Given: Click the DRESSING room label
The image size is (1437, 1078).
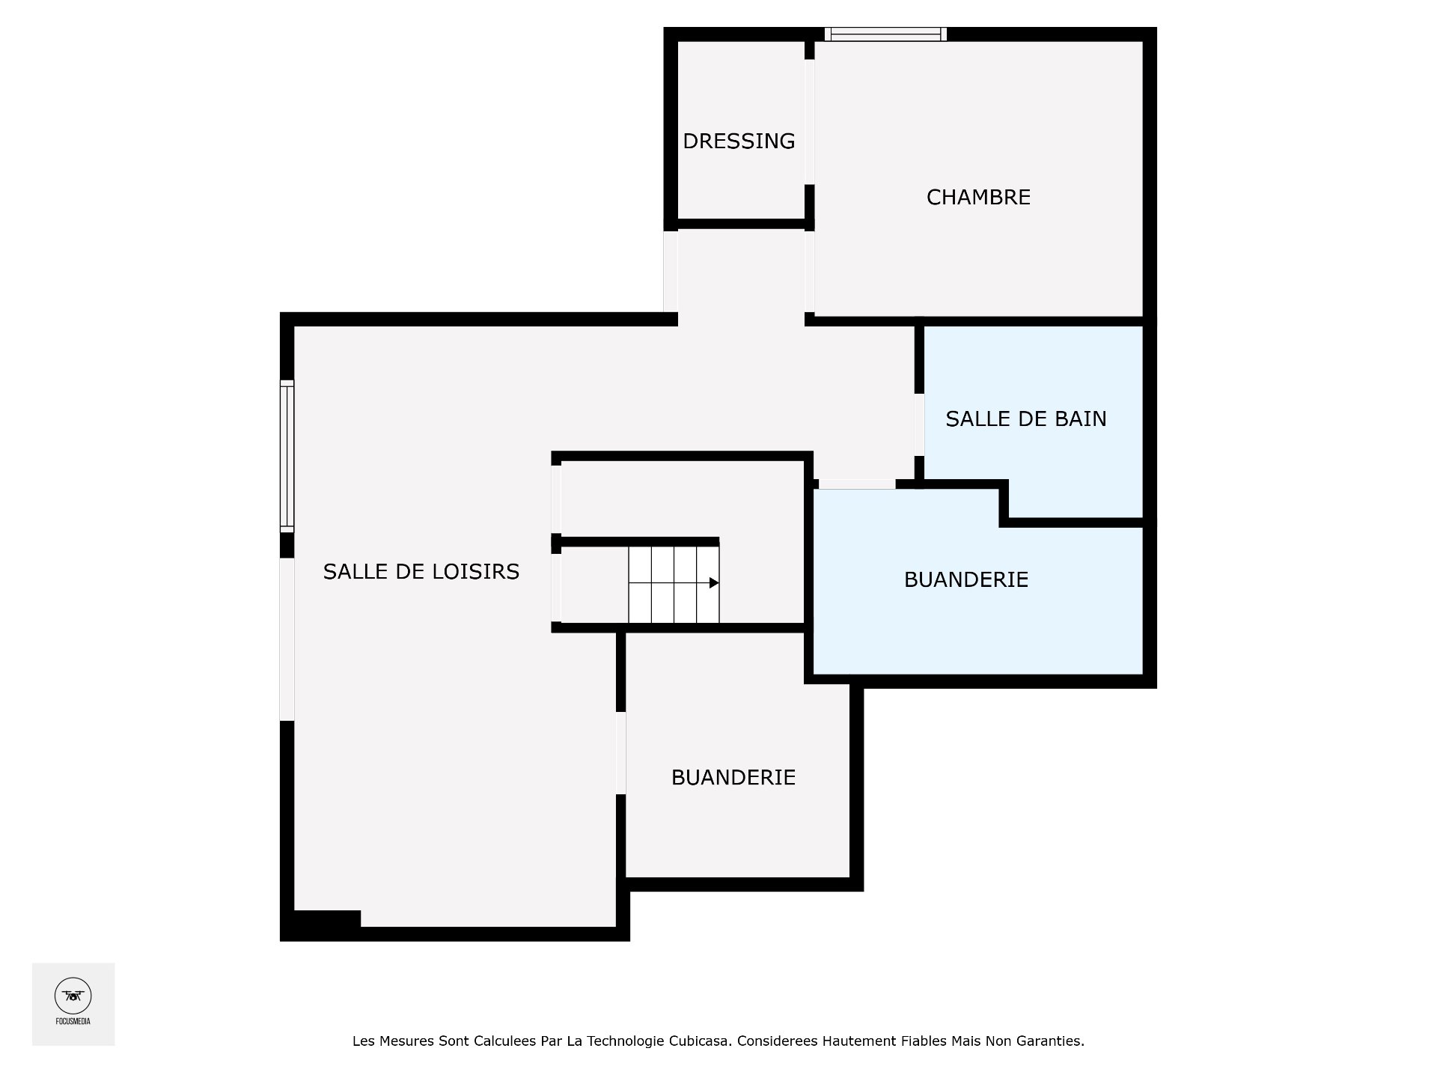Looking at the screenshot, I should pos(739,141).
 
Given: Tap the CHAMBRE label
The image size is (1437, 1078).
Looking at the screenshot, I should pos(978,197).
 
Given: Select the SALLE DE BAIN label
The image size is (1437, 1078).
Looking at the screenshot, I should pos(1025,418).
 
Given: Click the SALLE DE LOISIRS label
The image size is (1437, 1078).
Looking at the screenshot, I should pos(421,572).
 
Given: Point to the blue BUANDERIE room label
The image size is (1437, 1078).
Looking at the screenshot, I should pos(965,579).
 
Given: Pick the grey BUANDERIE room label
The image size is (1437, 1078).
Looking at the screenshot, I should pos(733,777).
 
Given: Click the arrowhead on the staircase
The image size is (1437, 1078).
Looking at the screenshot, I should pos(714,582).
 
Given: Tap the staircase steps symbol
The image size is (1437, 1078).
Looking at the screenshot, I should pos(673,585).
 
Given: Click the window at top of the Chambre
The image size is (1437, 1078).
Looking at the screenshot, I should pos(885,34).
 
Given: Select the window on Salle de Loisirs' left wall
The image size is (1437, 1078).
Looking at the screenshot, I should pos(287,455).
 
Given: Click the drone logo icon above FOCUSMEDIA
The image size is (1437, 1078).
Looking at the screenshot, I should pos(73,996).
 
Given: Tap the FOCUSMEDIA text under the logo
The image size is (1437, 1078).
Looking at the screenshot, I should pos(73,1021).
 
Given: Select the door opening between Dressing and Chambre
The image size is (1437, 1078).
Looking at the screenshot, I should pos(809,121).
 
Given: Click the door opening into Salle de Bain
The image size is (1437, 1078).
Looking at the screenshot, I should pos(918,424).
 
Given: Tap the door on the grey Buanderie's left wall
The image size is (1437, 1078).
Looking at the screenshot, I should pos(620,752).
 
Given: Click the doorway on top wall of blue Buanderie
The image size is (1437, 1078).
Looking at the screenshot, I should pos(857,484).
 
